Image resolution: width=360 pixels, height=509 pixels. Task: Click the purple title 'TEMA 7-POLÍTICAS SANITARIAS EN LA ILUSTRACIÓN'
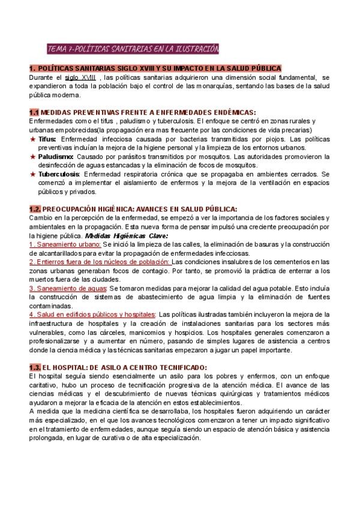[133, 48]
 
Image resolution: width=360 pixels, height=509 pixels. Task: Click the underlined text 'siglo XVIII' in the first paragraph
[80, 77]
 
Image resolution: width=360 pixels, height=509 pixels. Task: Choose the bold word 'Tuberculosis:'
[60, 174]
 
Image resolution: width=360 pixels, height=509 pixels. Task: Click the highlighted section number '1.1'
[34, 112]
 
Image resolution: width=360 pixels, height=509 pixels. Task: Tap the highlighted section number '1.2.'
[35, 209]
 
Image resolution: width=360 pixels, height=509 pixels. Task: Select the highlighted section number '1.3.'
[35, 368]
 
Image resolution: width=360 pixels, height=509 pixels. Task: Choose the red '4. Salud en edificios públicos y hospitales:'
[92, 315]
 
